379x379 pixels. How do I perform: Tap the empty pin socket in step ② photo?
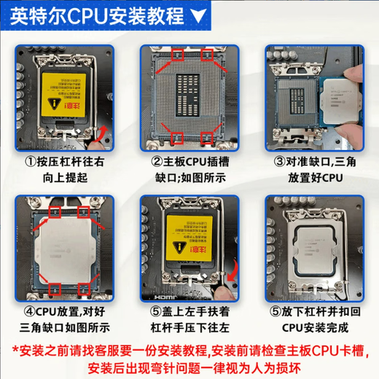click(x=189, y=95)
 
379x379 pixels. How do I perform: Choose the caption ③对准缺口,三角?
click(x=313, y=162)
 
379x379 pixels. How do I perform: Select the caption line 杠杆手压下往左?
click(x=189, y=328)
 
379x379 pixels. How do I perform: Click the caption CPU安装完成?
click(x=313, y=328)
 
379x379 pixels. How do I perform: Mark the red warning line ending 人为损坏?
click(x=189, y=366)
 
